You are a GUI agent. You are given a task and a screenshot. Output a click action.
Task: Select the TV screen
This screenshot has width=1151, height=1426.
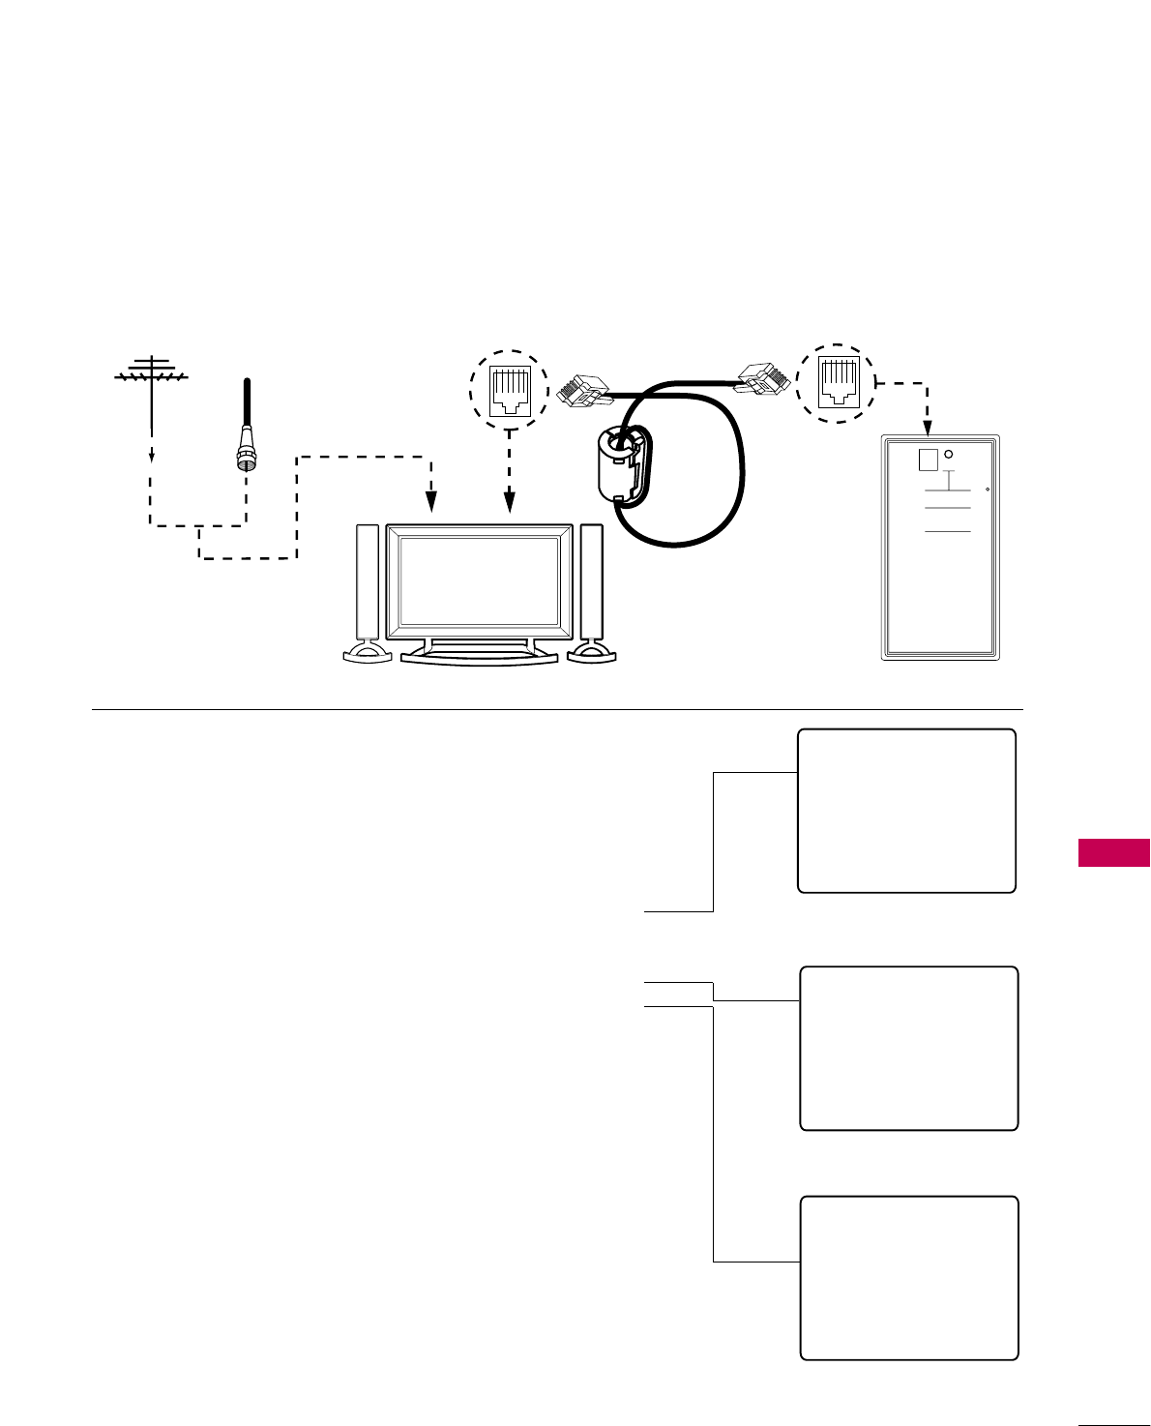click(x=479, y=581)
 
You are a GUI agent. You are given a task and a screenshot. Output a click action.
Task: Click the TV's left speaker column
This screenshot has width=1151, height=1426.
click(x=368, y=581)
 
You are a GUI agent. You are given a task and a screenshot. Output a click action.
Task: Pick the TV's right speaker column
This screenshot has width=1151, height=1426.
click(x=591, y=581)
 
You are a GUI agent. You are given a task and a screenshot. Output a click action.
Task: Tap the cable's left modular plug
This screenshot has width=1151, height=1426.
click(x=582, y=390)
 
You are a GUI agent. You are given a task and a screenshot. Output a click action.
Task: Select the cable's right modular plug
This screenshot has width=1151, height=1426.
click(x=763, y=378)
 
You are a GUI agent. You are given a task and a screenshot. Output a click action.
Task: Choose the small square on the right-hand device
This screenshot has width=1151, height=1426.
click(x=927, y=460)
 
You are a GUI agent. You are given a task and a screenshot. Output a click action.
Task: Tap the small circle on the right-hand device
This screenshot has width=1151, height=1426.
click(x=949, y=455)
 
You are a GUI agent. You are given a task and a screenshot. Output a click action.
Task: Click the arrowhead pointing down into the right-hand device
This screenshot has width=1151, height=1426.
click(x=928, y=426)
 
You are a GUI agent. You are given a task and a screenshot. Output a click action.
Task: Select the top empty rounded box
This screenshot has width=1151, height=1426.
click(x=906, y=811)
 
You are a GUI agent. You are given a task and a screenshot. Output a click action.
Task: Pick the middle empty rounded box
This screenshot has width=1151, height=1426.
click(x=909, y=1048)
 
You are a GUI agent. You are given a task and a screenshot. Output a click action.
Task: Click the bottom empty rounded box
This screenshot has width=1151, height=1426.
click(x=909, y=1278)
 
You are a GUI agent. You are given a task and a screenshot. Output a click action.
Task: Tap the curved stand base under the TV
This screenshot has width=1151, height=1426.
click(x=480, y=657)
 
